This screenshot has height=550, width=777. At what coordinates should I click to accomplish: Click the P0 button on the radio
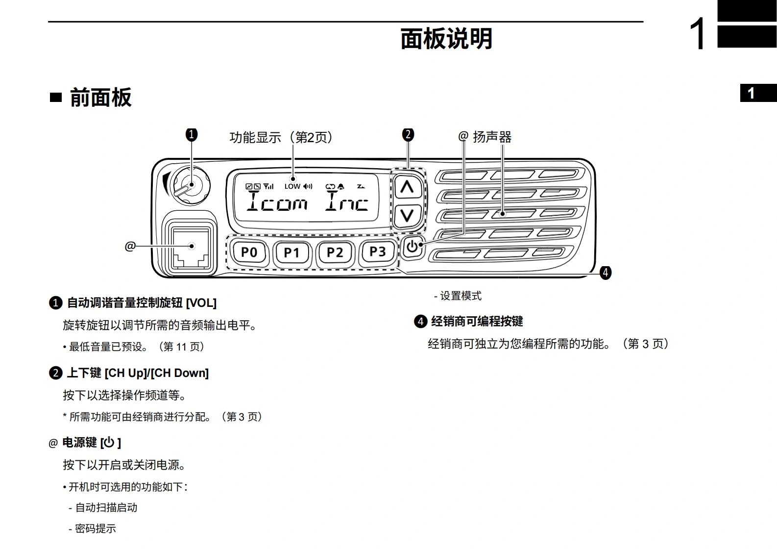click(x=249, y=252)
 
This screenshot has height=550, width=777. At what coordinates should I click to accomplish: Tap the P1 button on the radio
click(x=291, y=252)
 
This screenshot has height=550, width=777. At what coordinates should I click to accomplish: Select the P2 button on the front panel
click(x=335, y=252)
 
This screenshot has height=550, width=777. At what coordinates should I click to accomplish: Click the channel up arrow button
click(x=407, y=187)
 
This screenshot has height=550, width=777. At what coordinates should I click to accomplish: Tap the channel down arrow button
click(x=407, y=215)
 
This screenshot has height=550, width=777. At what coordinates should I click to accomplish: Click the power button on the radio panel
click(x=413, y=247)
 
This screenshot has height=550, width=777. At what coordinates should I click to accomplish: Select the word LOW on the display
click(x=292, y=186)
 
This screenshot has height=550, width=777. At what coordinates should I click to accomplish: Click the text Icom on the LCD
click(x=277, y=201)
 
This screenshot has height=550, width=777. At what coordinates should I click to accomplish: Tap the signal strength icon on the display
click(x=268, y=186)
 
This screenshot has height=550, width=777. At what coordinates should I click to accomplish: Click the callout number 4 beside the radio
click(x=606, y=273)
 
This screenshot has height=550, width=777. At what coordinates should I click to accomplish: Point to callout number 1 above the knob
click(x=192, y=134)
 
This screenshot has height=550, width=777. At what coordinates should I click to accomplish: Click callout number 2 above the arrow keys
click(x=408, y=134)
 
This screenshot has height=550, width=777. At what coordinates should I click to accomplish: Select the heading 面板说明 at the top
click(x=446, y=39)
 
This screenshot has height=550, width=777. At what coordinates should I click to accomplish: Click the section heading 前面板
click(x=100, y=98)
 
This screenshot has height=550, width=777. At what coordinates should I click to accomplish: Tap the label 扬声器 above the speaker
click(x=492, y=137)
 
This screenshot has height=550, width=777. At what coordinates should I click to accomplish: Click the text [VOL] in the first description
click(x=201, y=303)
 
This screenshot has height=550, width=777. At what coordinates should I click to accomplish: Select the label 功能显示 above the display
click(x=255, y=138)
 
